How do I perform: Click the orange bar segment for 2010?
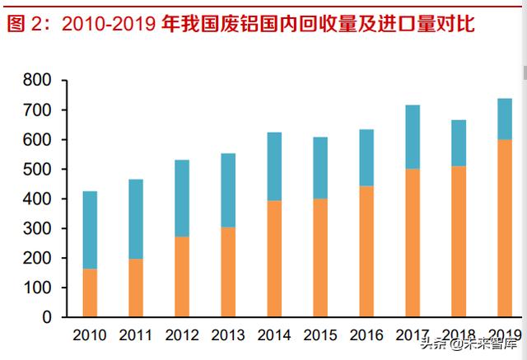(x=90, y=292)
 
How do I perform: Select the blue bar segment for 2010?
(x=90, y=230)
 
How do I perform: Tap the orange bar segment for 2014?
(x=274, y=259)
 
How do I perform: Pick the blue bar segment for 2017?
(x=413, y=137)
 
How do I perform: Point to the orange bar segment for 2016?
(x=366, y=251)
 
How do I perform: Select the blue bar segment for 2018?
(x=459, y=143)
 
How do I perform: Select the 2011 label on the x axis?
(x=136, y=335)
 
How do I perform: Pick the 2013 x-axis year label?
(x=228, y=335)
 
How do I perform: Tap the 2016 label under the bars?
(x=366, y=335)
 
